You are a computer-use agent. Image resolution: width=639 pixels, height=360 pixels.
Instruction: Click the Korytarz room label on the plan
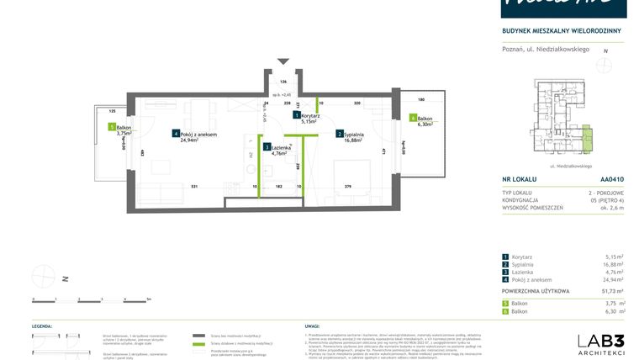click(308, 115)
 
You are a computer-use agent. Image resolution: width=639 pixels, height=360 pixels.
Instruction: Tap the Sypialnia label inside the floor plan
click(352, 134)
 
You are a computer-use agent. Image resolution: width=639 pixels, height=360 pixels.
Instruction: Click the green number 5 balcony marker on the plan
click(112, 126)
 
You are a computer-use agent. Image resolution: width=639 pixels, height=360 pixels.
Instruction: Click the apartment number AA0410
click(612, 179)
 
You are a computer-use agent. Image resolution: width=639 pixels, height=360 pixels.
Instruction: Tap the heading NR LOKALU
click(520, 179)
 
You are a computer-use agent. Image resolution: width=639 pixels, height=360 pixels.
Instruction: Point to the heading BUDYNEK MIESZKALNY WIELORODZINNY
click(562, 31)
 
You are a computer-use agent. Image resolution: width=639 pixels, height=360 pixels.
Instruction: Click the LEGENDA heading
click(43, 325)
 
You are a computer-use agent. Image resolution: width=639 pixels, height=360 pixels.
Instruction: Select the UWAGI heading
click(312, 325)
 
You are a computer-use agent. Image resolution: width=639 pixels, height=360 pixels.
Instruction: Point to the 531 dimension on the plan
click(194, 186)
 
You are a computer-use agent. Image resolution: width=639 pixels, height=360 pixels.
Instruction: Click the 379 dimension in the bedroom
click(347, 186)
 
